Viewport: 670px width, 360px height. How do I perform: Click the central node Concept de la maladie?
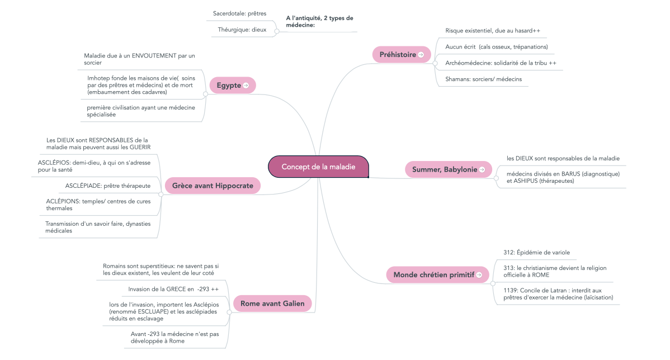click(318, 167)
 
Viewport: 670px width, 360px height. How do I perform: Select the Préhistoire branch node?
click(398, 55)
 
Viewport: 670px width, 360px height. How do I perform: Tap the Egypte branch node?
click(229, 85)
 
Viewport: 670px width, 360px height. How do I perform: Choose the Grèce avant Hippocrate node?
click(213, 186)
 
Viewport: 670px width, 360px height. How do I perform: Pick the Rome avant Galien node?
click(272, 304)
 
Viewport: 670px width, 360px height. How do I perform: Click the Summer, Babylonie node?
click(445, 169)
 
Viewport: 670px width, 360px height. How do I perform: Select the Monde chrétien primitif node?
click(434, 274)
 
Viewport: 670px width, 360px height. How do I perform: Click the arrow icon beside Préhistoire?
click(421, 55)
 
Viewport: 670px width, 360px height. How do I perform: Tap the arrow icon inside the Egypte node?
click(246, 85)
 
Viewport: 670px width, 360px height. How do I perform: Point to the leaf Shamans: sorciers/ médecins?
click(483, 79)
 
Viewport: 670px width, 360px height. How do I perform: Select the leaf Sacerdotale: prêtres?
click(239, 13)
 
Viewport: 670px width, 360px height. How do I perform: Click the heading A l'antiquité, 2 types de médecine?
click(319, 21)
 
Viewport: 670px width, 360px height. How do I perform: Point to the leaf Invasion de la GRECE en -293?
click(173, 289)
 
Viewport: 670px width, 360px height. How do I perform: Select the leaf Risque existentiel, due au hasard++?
click(492, 30)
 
